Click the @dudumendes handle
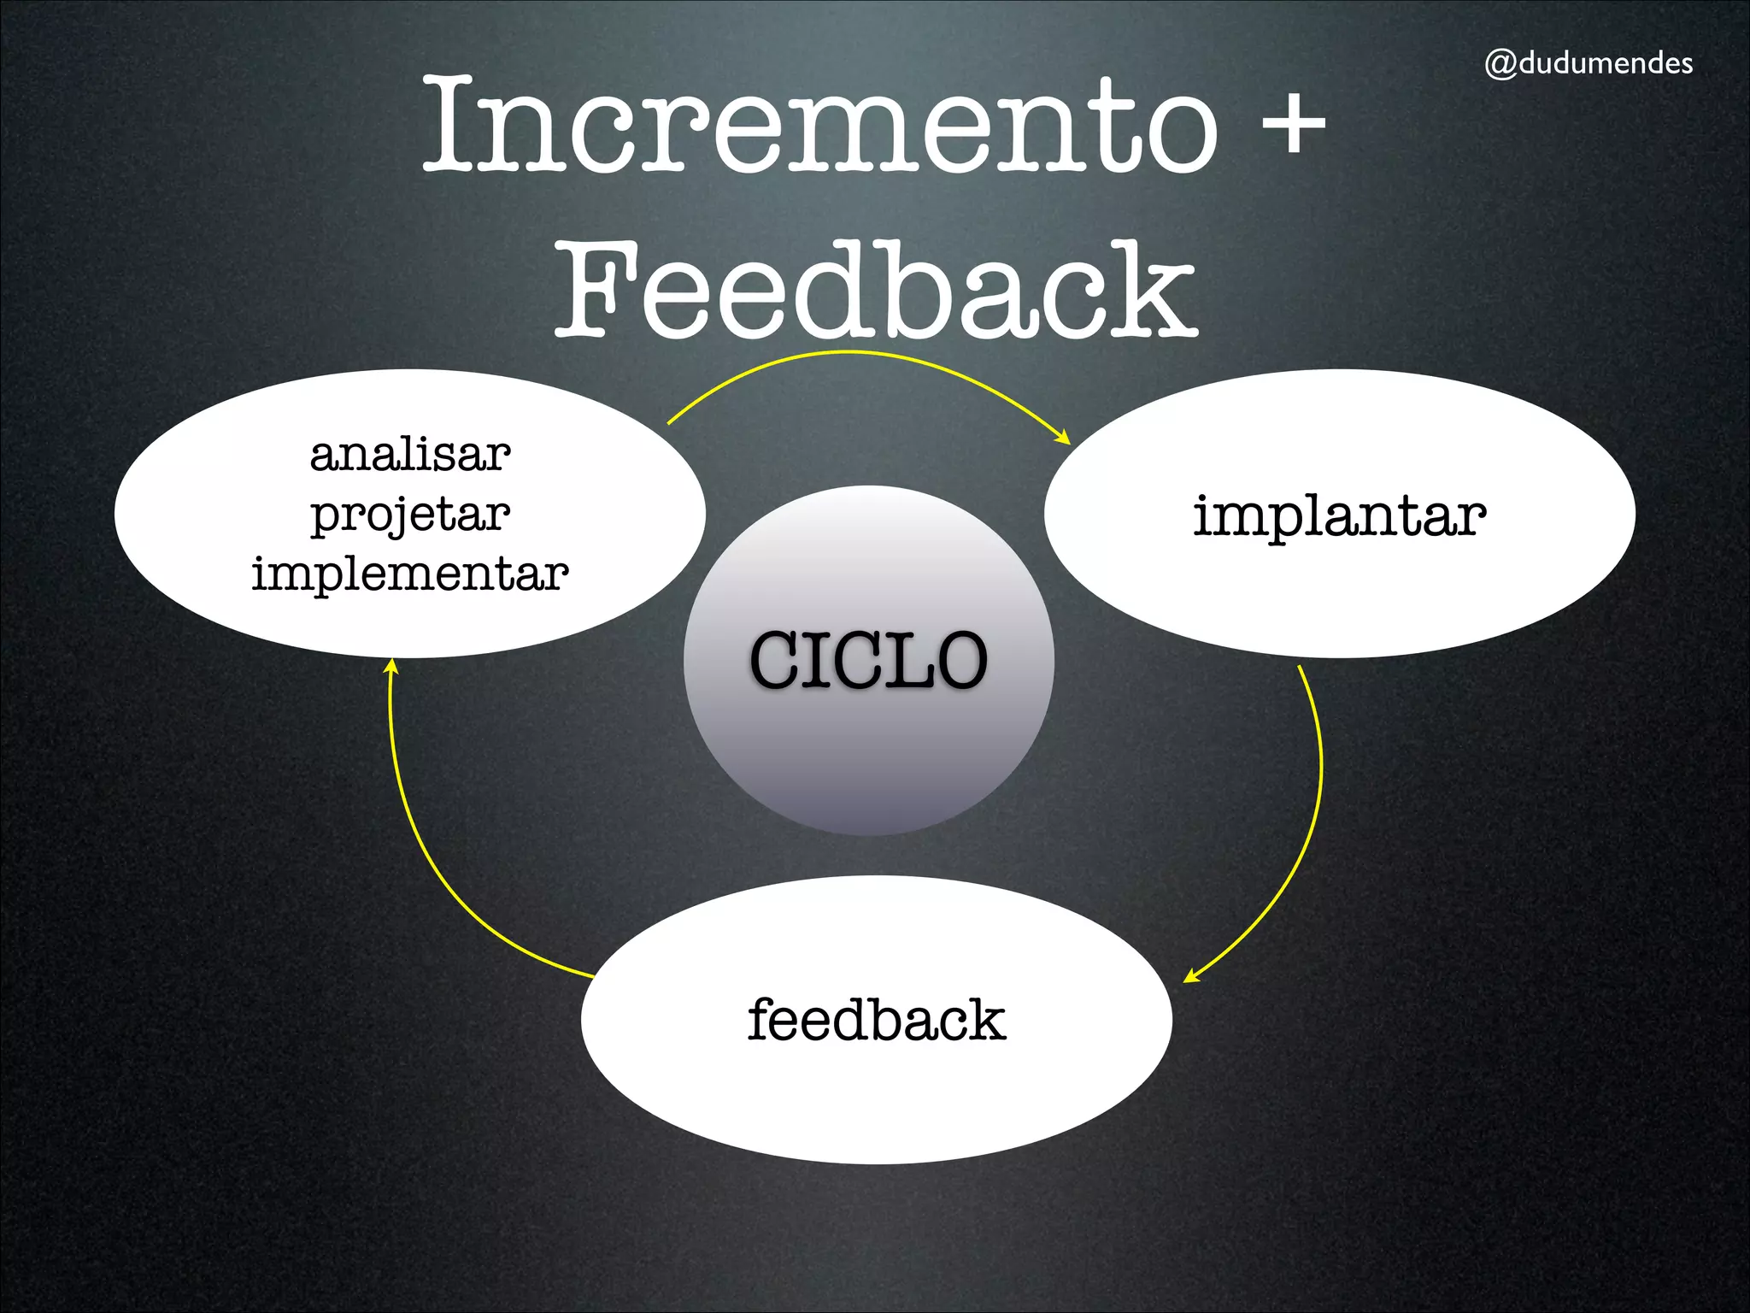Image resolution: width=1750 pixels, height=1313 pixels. [1589, 63]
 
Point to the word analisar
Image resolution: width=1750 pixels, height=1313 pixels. [410, 454]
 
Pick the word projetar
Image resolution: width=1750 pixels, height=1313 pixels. [410, 515]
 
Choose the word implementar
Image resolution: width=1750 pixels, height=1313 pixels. [410, 573]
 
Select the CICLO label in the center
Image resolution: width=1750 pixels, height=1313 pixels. [868, 660]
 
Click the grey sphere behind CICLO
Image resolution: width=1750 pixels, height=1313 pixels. [868, 769]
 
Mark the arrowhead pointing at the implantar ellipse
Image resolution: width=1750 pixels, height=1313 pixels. [1064, 439]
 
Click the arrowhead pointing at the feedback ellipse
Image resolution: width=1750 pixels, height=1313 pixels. [1190, 977]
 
